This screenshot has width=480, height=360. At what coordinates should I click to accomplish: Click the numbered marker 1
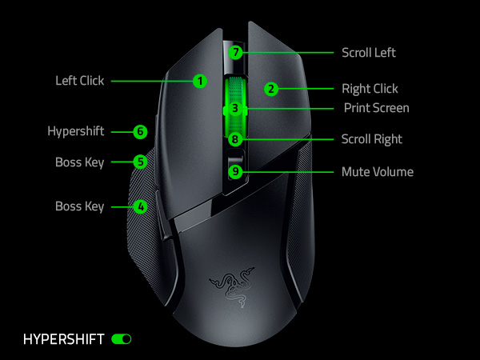click(x=199, y=81)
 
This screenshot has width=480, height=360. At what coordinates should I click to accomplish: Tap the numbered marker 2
click(x=271, y=89)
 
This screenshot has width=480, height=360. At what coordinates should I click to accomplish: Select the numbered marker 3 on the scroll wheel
click(x=234, y=107)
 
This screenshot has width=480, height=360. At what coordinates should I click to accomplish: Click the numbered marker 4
click(x=141, y=206)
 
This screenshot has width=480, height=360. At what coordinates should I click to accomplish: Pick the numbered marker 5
click(x=140, y=161)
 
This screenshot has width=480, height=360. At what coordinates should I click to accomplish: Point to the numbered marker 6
click(x=140, y=131)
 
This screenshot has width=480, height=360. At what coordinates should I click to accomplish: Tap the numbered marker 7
click(x=234, y=52)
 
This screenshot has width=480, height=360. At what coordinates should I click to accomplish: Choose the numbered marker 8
click(x=234, y=139)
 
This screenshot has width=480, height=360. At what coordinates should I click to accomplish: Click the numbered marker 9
click(x=234, y=171)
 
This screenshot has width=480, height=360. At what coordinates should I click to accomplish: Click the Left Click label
click(x=79, y=81)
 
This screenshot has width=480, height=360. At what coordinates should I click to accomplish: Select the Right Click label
click(x=370, y=89)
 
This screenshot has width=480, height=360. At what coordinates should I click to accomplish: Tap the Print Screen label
click(x=376, y=107)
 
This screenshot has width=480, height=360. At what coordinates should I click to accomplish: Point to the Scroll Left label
click(x=368, y=53)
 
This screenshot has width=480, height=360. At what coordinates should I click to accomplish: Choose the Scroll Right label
click(x=371, y=139)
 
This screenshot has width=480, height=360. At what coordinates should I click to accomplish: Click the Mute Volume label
click(x=377, y=172)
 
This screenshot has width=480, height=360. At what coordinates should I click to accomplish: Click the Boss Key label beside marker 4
click(x=79, y=206)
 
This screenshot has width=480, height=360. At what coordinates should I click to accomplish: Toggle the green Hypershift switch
click(x=122, y=339)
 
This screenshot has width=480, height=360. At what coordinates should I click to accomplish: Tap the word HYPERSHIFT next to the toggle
click(x=64, y=339)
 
